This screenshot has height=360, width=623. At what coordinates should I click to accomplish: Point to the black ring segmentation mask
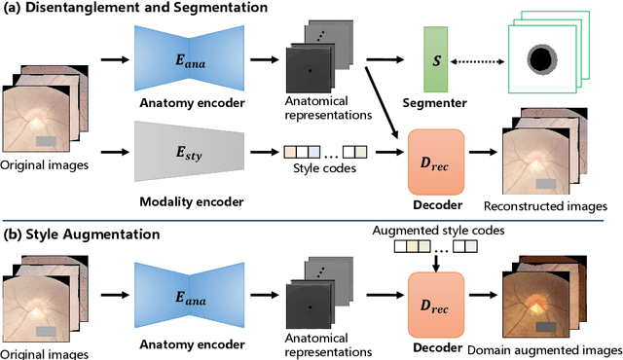pyautogui.click(x=535, y=60)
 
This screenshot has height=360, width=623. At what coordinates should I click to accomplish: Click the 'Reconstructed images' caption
pyautogui.click(x=546, y=206)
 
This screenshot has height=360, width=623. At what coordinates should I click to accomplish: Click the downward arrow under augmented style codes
pyautogui.click(x=435, y=260)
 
